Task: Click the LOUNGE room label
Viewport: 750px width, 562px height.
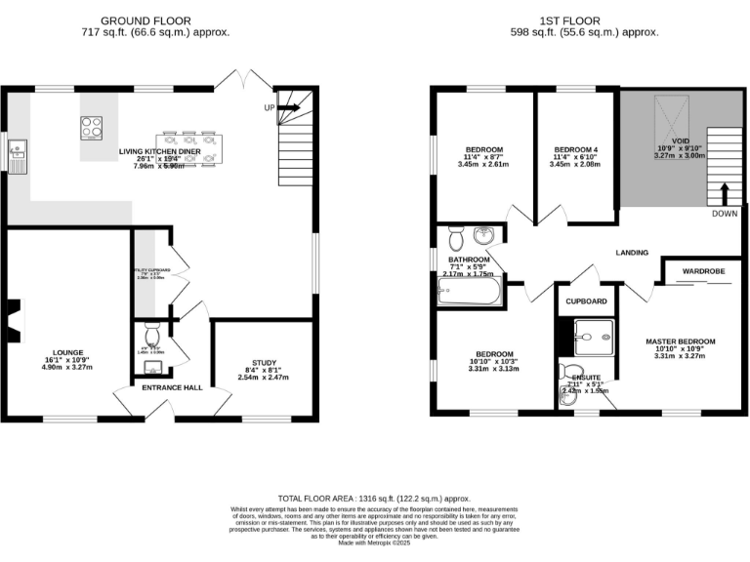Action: click(68, 352)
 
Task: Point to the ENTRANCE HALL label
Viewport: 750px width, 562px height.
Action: click(173, 388)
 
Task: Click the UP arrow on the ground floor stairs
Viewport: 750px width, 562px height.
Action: click(292, 107)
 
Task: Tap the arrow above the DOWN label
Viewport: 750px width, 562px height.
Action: click(725, 190)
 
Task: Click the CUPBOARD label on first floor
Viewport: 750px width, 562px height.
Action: click(587, 301)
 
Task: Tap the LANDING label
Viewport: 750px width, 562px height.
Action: click(632, 253)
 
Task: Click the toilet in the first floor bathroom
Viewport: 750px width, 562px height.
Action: click(454, 238)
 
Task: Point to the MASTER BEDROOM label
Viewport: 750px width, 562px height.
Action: click(681, 341)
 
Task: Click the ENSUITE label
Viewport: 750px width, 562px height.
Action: click(586, 376)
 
